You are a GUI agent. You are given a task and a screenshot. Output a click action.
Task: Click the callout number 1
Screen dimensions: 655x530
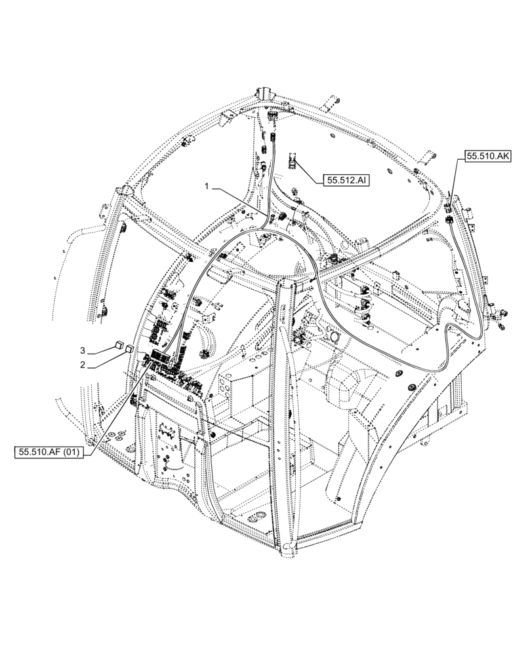pyautogui.click(x=207, y=187)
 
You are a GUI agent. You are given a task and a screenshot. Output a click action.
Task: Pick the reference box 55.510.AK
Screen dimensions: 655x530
pyautogui.click(x=489, y=156)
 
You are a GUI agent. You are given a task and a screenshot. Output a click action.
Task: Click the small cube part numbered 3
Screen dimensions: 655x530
pyautogui.click(x=119, y=343)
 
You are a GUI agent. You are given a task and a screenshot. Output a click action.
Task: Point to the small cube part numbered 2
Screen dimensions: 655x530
pyautogui.click(x=129, y=348)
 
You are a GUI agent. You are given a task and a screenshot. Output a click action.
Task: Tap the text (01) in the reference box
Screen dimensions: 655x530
pyautogui.click(x=69, y=452)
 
